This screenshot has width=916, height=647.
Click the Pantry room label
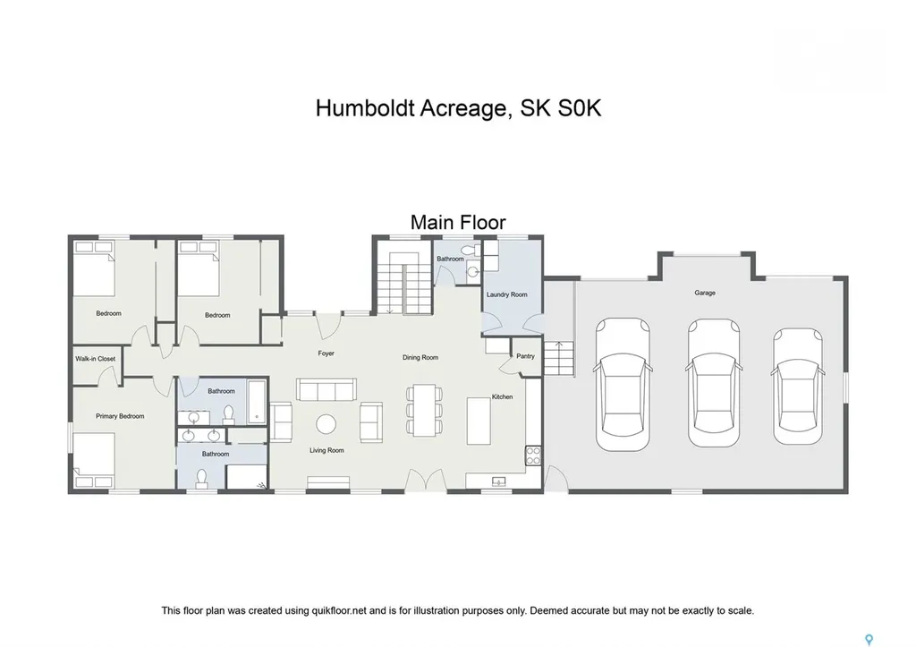click(525, 356)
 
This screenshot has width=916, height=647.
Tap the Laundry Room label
click(506, 294)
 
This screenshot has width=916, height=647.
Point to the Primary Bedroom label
click(120, 416)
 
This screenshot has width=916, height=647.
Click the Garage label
click(705, 293)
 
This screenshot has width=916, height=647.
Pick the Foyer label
click(326, 353)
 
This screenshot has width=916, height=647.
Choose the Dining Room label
click(420, 358)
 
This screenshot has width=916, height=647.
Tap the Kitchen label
click(502, 396)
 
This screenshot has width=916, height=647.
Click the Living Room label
click(327, 450)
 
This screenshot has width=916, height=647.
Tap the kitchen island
click(479, 420)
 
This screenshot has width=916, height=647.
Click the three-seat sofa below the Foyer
click(327, 390)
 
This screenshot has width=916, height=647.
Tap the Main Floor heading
click(458, 222)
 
